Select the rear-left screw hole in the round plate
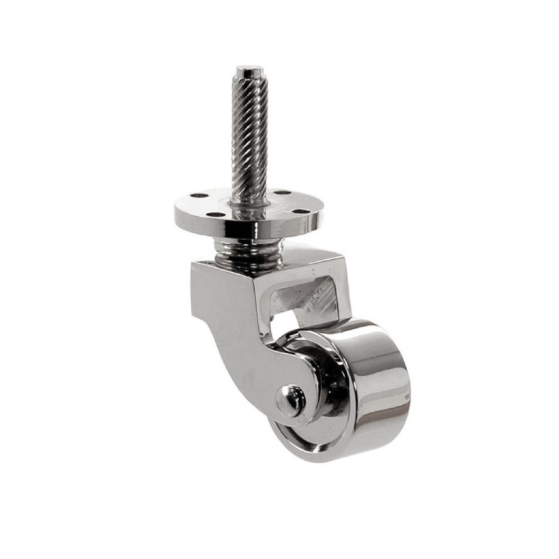point(198,196)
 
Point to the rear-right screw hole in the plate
point(283,193)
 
